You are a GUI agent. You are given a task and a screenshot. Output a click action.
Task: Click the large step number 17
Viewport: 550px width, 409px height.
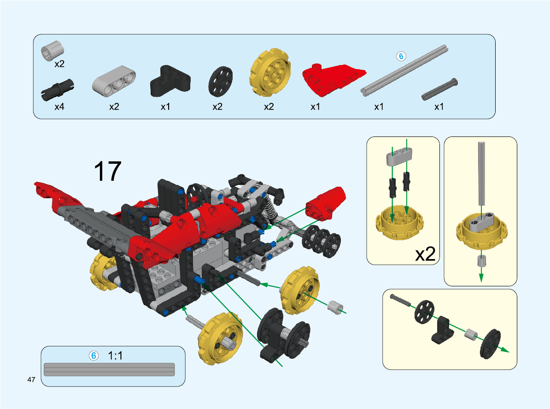[x=107, y=172]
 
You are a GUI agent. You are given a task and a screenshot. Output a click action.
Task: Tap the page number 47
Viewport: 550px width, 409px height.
[x=31, y=379]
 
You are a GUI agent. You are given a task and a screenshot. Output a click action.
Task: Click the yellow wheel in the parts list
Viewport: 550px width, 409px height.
[x=270, y=73]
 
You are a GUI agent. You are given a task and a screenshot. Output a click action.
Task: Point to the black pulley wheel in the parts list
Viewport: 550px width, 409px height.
[x=221, y=82]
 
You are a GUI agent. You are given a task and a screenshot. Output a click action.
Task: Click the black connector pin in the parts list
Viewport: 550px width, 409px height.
[x=58, y=89]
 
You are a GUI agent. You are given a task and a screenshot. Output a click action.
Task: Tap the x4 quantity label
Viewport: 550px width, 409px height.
[x=59, y=107]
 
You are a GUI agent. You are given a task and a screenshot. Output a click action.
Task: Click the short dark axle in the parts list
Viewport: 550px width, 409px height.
[x=439, y=89]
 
